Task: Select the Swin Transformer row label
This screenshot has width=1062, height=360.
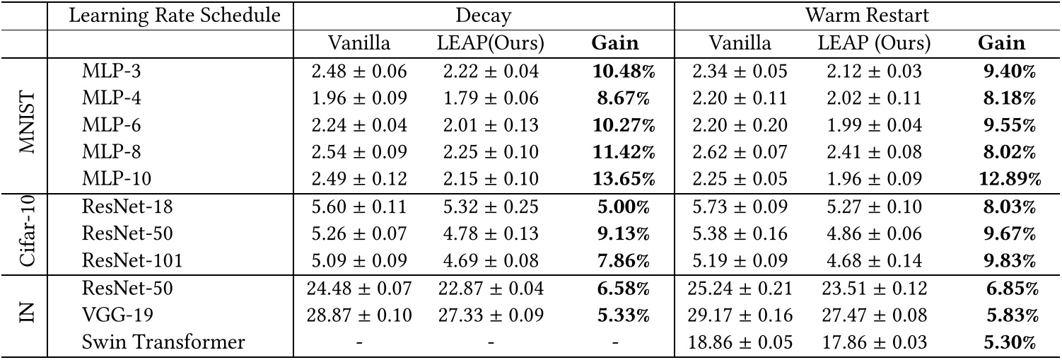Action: coord(164,343)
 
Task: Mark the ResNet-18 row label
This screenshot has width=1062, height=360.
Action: coord(127,207)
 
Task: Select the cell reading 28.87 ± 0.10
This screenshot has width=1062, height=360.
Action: coord(359,316)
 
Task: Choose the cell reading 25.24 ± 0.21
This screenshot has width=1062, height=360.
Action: coord(740,289)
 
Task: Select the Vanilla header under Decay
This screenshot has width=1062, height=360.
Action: coord(359,43)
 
